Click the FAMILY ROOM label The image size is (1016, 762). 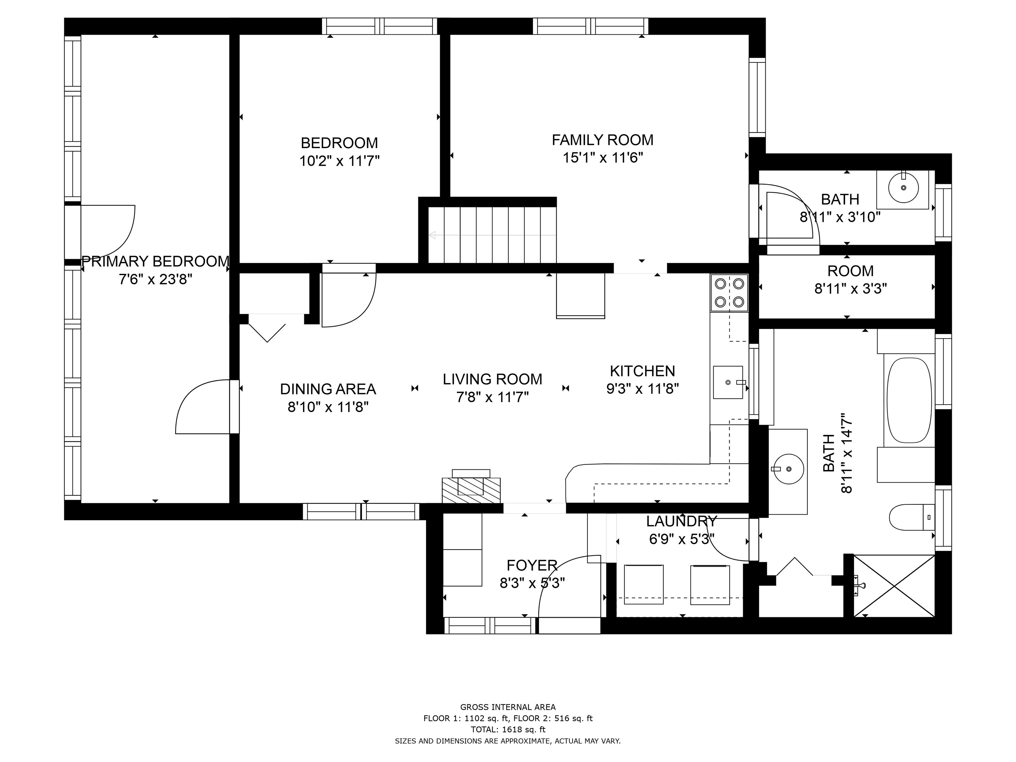[x=602, y=140]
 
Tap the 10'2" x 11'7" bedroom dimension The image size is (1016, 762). [x=339, y=161]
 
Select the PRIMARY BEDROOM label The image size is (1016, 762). [x=155, y=261]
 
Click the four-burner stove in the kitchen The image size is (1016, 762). [x=729, y=293]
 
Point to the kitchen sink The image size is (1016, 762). [x=728, y=382]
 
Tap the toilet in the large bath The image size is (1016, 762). [x=912, y=517]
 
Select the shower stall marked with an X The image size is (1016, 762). [x=894, y=586]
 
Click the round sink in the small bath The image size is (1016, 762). [x=904, y=188]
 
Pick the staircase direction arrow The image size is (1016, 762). [x=492, y=235]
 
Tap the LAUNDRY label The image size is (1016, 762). [x=681, y=521]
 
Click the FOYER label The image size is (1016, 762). [x=532, y=565]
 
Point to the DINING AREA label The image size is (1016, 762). [x=328, y=389]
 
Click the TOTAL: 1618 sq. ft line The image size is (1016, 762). [x=508, y=729]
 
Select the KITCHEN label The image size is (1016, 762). [x=642, y=371]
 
